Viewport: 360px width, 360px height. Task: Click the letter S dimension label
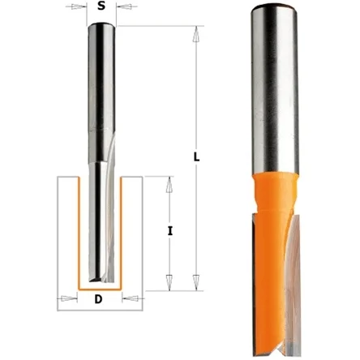[x=101, y=6]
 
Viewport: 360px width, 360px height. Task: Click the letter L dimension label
[x=197, y=156]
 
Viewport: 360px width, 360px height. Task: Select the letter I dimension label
[x=169, y=231]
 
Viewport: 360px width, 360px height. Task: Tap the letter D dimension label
[x=99, y=299]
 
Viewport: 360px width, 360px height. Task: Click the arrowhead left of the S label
[x=79, y=6]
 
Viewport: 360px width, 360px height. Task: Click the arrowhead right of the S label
[x=123, y=6]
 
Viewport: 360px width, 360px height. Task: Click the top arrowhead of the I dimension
[x=169, y=185]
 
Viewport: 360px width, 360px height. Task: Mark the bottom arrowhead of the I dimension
[x=169, y=283]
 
